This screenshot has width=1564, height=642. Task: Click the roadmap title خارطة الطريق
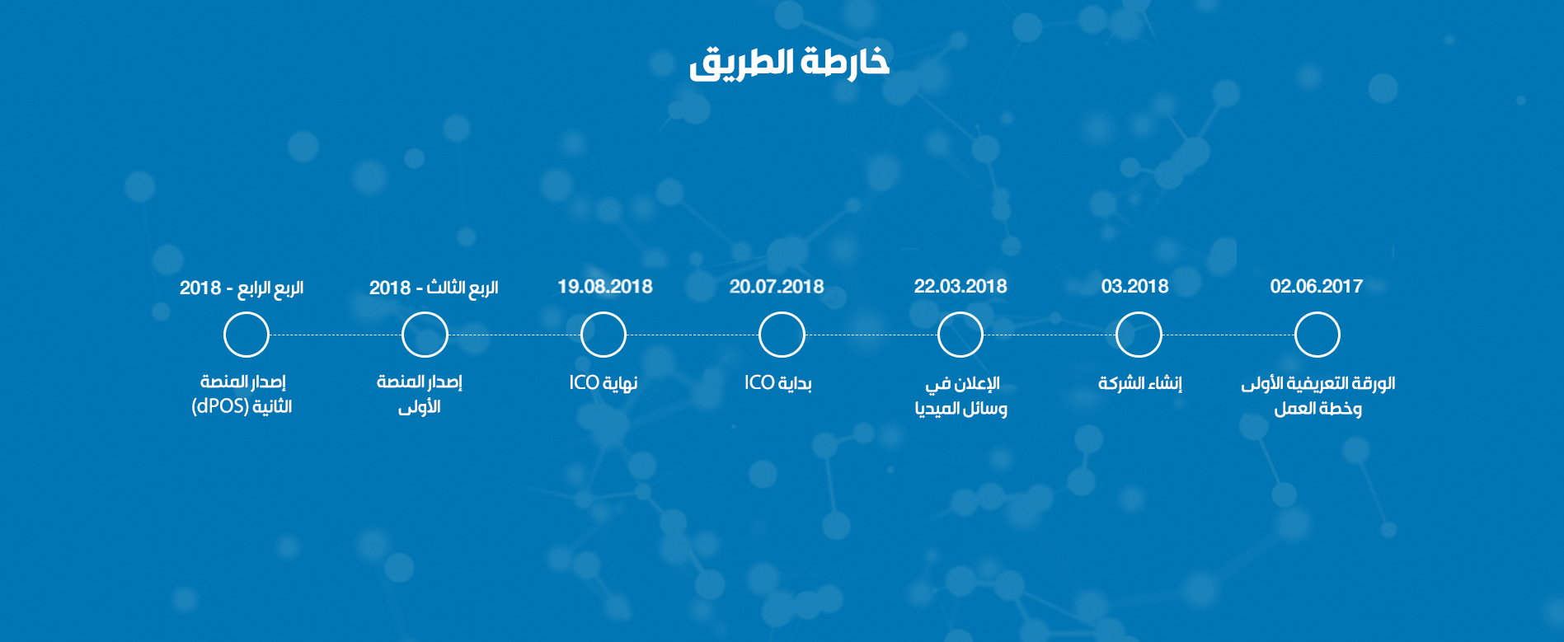pos(789,63)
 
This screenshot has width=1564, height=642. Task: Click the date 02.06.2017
pos(1317,286)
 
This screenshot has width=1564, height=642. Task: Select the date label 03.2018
pos(1135,286)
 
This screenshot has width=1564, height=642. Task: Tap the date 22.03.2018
pos(960,286)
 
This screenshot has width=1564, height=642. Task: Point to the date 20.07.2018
pos(777,286)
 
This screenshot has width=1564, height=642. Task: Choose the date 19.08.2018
pos(605,286)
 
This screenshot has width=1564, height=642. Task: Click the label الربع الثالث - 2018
pos(434,288)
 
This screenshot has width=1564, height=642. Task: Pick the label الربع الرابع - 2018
pos(242,288)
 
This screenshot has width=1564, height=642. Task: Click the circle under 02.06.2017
pos(1317,313)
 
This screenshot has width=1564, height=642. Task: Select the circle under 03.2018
pos(1139,313)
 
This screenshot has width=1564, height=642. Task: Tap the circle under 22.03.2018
pos(960,313)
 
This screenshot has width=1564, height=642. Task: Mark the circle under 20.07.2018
pos(782,313)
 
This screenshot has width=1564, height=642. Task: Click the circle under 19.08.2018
pos(604,313)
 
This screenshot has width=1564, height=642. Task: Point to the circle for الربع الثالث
pos(425,313)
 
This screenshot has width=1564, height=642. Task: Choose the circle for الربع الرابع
pos(247,313)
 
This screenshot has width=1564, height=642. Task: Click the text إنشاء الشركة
pos(1140,383)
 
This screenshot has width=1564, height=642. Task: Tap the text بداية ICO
pos(778,383)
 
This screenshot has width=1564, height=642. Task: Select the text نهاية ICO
pos(604,383)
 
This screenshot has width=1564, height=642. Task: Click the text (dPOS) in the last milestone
pos(220,407)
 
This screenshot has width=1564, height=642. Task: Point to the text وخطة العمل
pos(1317,409)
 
